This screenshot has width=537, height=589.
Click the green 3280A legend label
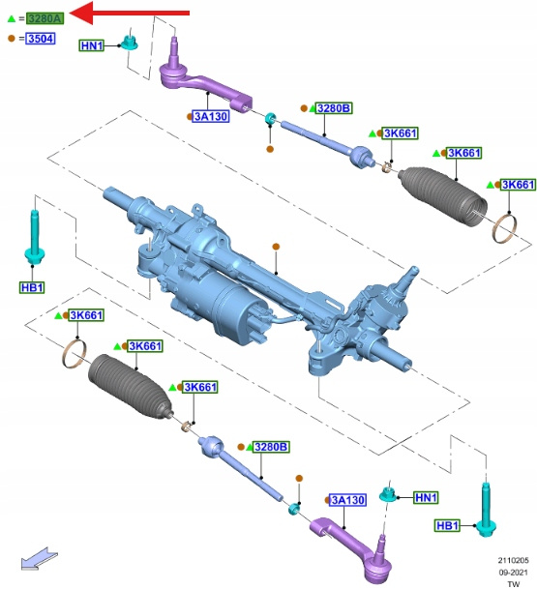pos(45,18)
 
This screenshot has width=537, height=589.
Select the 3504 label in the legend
pos(41,39)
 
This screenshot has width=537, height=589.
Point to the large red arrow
pos(130,13)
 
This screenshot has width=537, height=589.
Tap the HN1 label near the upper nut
pos(92,45)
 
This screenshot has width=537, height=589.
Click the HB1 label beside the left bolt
pos(32,288)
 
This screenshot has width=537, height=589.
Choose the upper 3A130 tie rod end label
pos(210,116)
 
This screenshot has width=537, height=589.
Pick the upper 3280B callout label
pos(334,108)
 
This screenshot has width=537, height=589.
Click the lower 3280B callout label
pos(271,447)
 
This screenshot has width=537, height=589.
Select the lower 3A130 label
pos(347,500)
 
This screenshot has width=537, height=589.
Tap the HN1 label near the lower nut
pos(426,498)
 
